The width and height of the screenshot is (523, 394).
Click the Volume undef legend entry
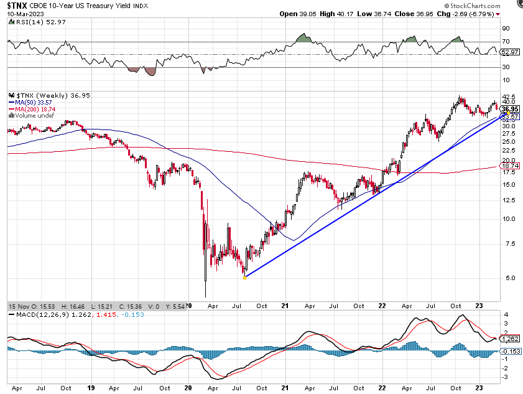click(31, 115)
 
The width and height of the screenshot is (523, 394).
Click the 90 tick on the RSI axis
click(506, 29)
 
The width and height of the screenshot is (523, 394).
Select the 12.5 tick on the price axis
click(508, 200)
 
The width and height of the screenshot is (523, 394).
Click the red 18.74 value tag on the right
click(510, 166)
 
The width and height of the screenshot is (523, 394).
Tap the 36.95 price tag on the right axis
click(510, 108)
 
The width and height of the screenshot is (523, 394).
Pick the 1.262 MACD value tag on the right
click(510, 339)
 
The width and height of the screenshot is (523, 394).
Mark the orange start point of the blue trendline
click(244, 277)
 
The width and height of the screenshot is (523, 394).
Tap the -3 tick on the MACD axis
click(506, 378)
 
